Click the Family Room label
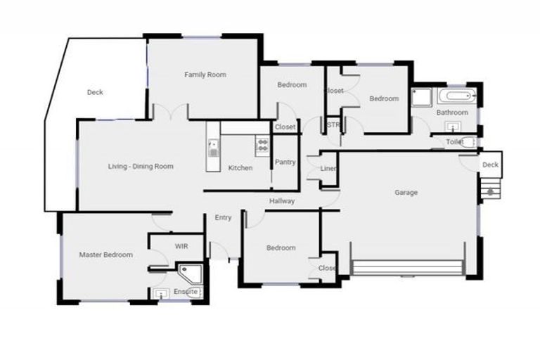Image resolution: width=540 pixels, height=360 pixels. point(205,75)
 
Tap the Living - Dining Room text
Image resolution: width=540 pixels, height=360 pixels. point(141,167)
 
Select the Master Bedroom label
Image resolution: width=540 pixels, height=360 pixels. point(105,255)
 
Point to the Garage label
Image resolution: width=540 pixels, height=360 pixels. point(406,192)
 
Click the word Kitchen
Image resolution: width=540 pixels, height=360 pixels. point(240,168)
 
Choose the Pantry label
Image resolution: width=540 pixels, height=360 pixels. point(285,162)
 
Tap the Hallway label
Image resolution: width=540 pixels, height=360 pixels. point(282,202)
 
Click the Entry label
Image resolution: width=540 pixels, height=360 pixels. point(223,218)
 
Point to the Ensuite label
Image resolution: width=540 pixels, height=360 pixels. point(186,291)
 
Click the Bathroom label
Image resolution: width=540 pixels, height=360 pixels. point(451,112)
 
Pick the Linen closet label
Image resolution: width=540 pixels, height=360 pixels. point(328,169)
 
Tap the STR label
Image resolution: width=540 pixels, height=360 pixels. point(333,125)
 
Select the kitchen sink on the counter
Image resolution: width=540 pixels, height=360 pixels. point(213,148)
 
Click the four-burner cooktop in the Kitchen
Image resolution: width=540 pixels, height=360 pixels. point(262,146)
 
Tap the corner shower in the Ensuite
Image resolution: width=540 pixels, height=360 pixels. point(188,273)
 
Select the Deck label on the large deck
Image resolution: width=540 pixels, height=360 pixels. point(95,93)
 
